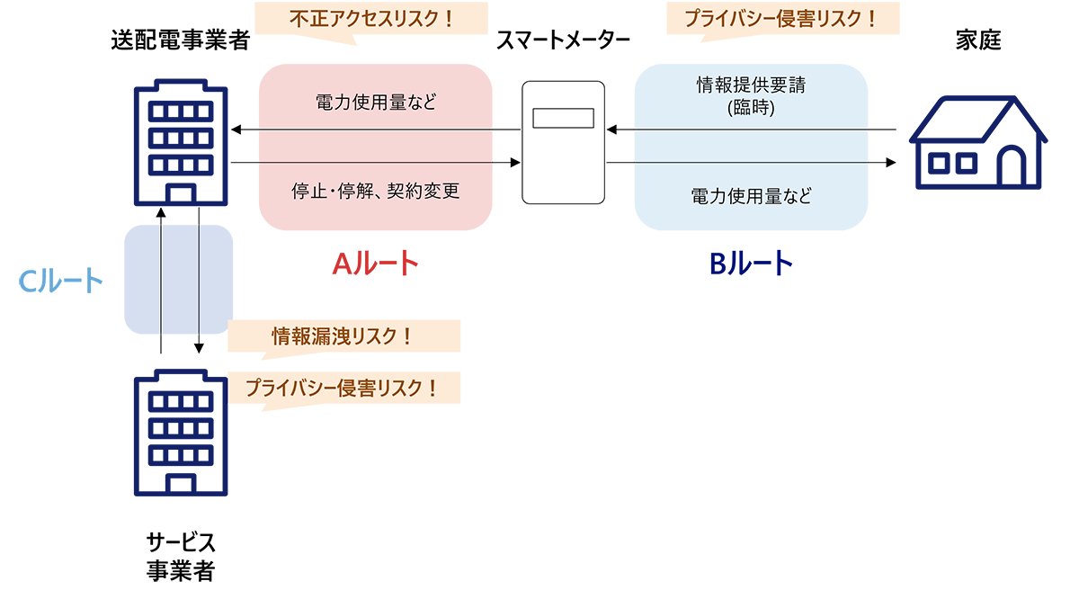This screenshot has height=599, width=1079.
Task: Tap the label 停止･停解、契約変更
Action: pos(376,192)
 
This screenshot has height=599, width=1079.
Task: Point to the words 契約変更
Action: pos(425,192)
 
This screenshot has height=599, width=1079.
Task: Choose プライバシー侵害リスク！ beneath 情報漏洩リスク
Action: pos(342,389)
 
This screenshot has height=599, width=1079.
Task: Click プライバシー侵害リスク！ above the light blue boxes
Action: pos(780,17)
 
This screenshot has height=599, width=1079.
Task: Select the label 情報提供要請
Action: pos(750,86)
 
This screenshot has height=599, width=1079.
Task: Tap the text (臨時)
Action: pos(750,109)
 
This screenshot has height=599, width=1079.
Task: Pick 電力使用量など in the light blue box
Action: pos(750,195)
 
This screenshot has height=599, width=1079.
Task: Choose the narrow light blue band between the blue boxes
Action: pos(750,146)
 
